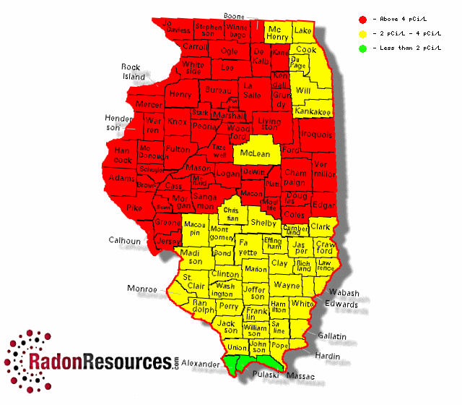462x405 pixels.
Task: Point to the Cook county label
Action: point(306,50)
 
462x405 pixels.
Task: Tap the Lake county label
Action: point(303,30)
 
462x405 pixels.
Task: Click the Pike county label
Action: point(134,207)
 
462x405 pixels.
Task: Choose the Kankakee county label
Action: point(313,111)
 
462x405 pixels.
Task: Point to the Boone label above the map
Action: point(234,15)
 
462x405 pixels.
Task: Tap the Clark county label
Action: point(320,226)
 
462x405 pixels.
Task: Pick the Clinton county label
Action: point(225,275)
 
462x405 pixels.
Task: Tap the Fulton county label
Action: point(178,149)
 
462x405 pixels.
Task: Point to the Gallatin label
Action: point(331,337)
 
